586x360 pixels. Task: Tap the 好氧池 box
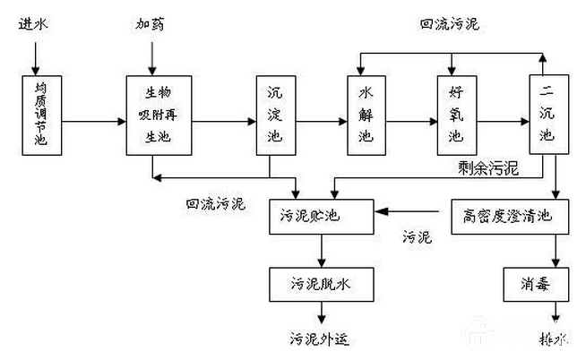coord(454,116)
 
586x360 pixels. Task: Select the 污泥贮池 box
coord(319,215)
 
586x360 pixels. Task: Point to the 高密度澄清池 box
coord(507,215)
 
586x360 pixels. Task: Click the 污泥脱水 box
coord(319,286)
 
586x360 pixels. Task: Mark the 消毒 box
coord(530,286)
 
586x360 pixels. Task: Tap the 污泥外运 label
coord(318,339)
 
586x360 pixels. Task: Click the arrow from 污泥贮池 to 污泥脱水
coord(319,253)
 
